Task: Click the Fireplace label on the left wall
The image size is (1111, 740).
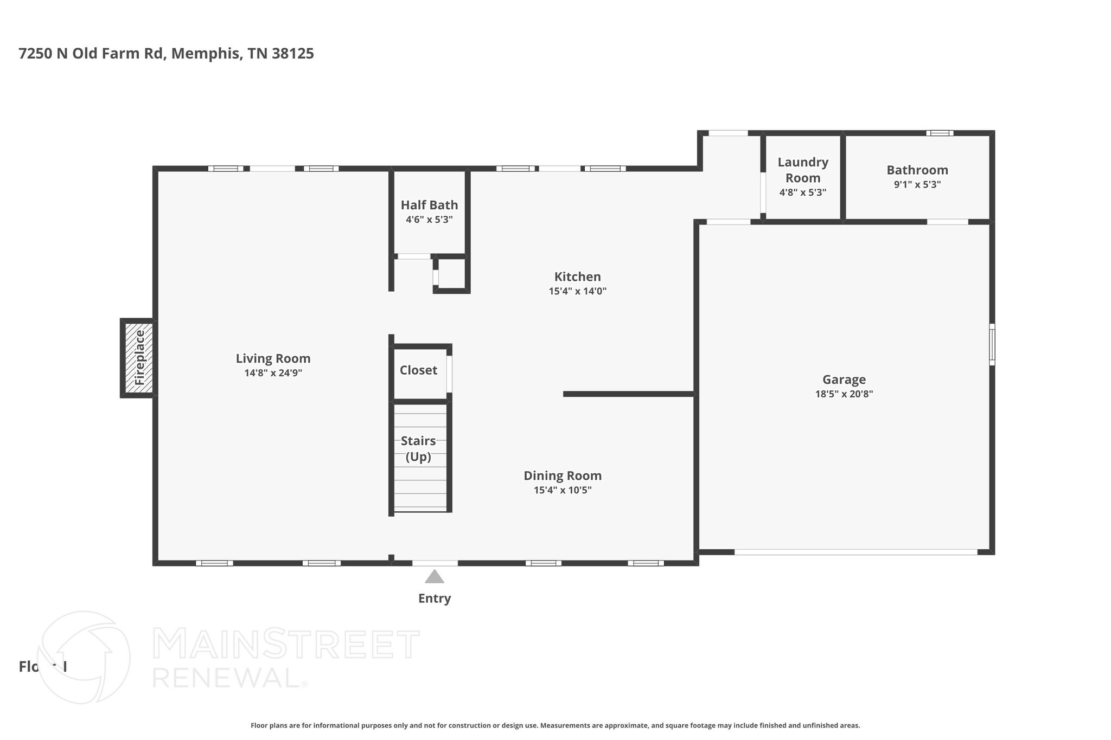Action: click(x=139, y=358)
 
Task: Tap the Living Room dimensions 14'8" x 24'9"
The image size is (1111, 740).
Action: click(x=273, y=373)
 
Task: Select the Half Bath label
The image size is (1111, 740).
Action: click(x=429, y=205)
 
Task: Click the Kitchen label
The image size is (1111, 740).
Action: click(x=577, y=276)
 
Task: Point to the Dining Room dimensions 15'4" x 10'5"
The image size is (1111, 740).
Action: click(x=562, y=490)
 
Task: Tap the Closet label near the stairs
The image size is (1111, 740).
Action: click(x=418, y=370)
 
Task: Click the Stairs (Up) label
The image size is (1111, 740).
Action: click(x=418, y=448)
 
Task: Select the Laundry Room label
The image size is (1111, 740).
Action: click(x=802, y=170)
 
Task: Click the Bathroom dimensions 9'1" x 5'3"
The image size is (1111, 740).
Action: click(x=917, y=184)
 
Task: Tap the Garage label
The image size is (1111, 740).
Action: click(x=844, y=379)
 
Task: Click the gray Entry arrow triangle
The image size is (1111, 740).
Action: click(x=434, y=577)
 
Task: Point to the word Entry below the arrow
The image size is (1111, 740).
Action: click(x=434, y=599)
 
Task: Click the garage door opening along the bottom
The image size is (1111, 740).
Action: click(x=855, y=552)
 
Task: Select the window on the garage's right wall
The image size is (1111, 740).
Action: click(x=992, y=344)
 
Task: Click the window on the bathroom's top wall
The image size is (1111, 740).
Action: click(x=940, y=133)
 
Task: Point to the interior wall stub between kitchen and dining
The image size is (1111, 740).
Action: click(x=628, y=394)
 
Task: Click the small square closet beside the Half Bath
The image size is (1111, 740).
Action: click(x=452, y=274)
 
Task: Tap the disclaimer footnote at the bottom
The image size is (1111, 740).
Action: click(x=555, y=725)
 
